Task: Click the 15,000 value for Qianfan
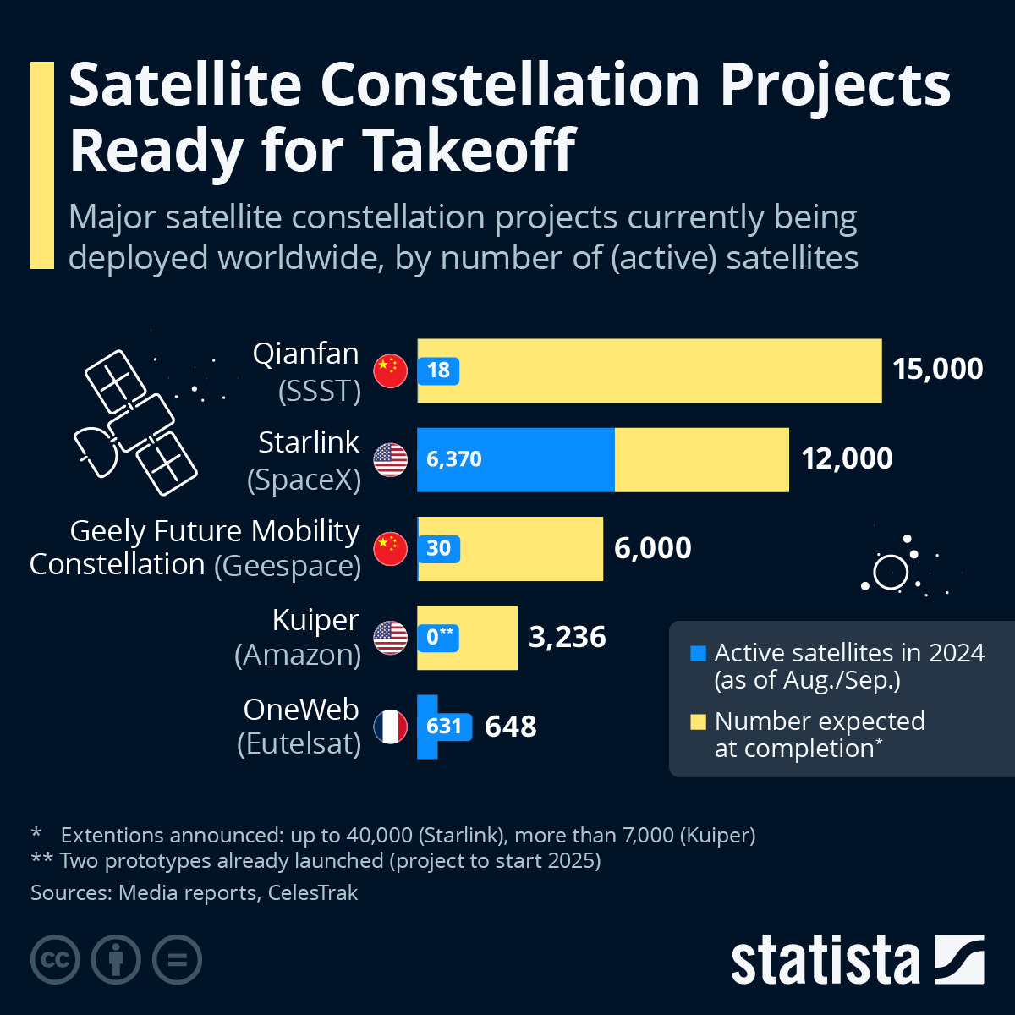[937, 370]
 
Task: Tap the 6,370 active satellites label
[454, 459]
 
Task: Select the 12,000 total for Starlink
[847, 459]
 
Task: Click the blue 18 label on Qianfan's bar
[438, 370]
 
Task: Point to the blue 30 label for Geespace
[438, 548]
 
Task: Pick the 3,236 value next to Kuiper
[567, 637]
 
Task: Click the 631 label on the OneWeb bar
[443, 727]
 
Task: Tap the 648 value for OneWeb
[510, 727]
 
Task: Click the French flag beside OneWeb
[391, 727]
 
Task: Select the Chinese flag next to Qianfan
[391, 370]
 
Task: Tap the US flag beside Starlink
[391, 459]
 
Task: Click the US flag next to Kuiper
[391, 637]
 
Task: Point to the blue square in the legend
[698, 654]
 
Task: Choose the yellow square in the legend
[698, 721]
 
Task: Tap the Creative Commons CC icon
[55, 960]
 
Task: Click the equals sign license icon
[178, 960]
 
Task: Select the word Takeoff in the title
[469, 151]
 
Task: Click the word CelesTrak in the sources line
[313, 893]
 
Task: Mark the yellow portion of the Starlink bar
[701, 459]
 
